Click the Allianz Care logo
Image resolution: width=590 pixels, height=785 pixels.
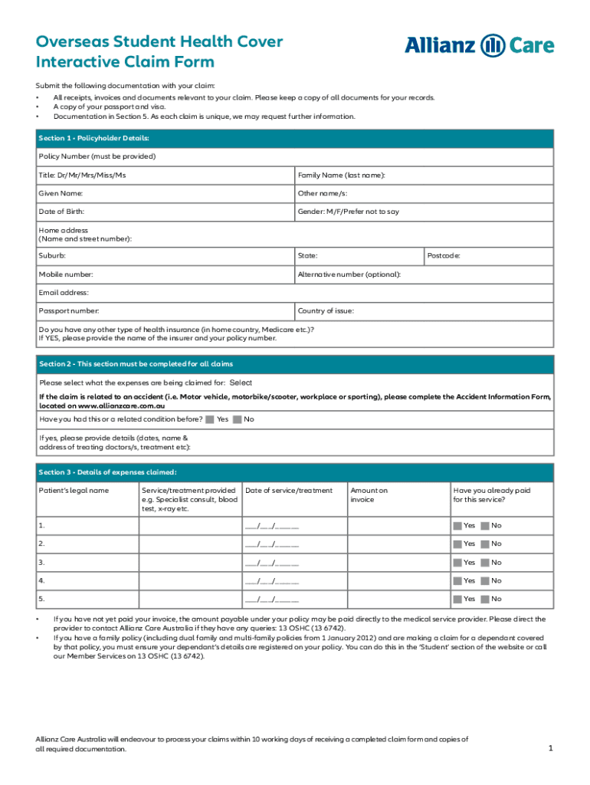pyautogui.click(x=479, y=46)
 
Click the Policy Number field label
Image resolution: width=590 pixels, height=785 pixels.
pyautogui.click(x=97, y=156)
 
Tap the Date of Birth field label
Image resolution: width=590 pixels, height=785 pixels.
pyautogui.click(x=61, y=212)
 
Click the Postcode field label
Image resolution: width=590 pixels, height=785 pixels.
pyautogui.click(x=444, y=255)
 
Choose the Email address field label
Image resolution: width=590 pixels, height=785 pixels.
pyautogui.click(x=64, y=292)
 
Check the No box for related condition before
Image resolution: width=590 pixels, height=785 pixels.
pyautogui.click(x=237, y=419)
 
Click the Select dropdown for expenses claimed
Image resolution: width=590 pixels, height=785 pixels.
pyautogui.click(x=241, y=383)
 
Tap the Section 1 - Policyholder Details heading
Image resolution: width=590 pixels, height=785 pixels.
pyautogui.click(x=93, y=138)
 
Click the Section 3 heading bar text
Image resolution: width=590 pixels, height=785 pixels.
pyautogui.click(x=107, y=472)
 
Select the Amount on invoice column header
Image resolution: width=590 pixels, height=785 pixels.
pyautogui.click(x=369, y=495)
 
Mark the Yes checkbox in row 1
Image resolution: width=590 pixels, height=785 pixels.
pyautogui.click(x=457, y=525)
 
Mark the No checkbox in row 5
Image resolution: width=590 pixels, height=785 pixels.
pyautogui.click(x=485, y=599)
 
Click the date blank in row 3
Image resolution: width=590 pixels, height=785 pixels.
pyautogui.click(x=271, y=563)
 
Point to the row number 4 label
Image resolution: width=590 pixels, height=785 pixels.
pyautogui.click(x=42, y=580)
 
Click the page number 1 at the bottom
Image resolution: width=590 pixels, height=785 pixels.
pyautogui.click(x=550, y=747)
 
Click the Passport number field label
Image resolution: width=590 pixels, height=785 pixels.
pyautogui.click(x=69, y=311)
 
